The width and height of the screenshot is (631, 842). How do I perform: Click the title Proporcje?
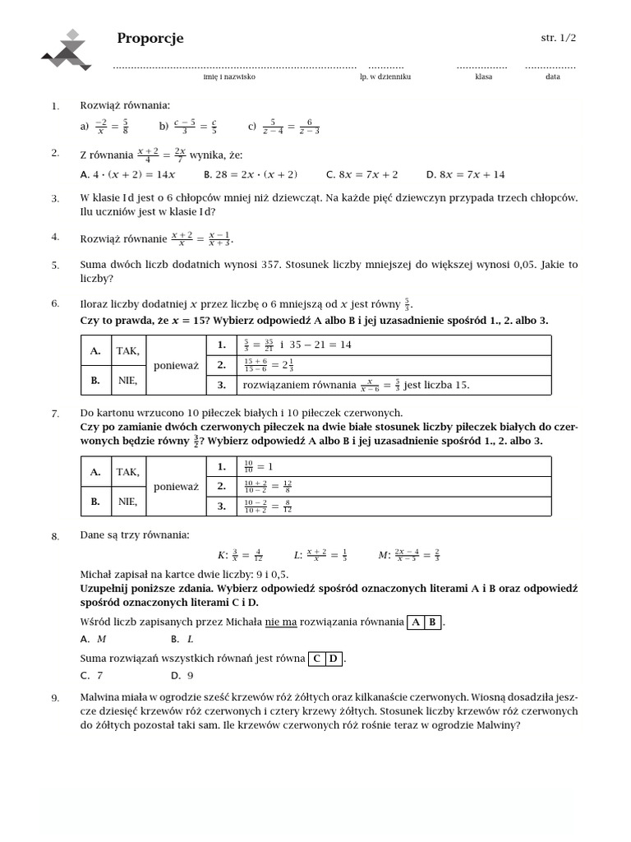pos(150,39)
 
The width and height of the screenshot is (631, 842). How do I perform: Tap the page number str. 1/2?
pos(558,38)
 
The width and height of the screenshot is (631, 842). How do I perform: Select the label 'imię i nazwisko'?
pos(229,76)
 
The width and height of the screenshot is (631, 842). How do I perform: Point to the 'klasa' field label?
pos(483,76)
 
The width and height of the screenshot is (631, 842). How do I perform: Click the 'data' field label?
pos(552,76)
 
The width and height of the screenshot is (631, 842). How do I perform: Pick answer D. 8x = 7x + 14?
pos(465,174)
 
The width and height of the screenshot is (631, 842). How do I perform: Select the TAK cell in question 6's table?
pos(127,351)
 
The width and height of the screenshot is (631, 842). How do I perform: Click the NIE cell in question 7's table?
pos(127,501)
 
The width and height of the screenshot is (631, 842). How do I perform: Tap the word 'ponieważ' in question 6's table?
pos(176,366)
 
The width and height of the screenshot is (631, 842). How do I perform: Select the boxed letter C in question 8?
pos(317,659)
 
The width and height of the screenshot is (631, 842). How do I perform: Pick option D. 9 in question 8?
pos(182,676)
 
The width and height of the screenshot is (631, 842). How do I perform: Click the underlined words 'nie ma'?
pos(280,622)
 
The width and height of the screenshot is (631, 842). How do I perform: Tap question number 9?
pos(55,698)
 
